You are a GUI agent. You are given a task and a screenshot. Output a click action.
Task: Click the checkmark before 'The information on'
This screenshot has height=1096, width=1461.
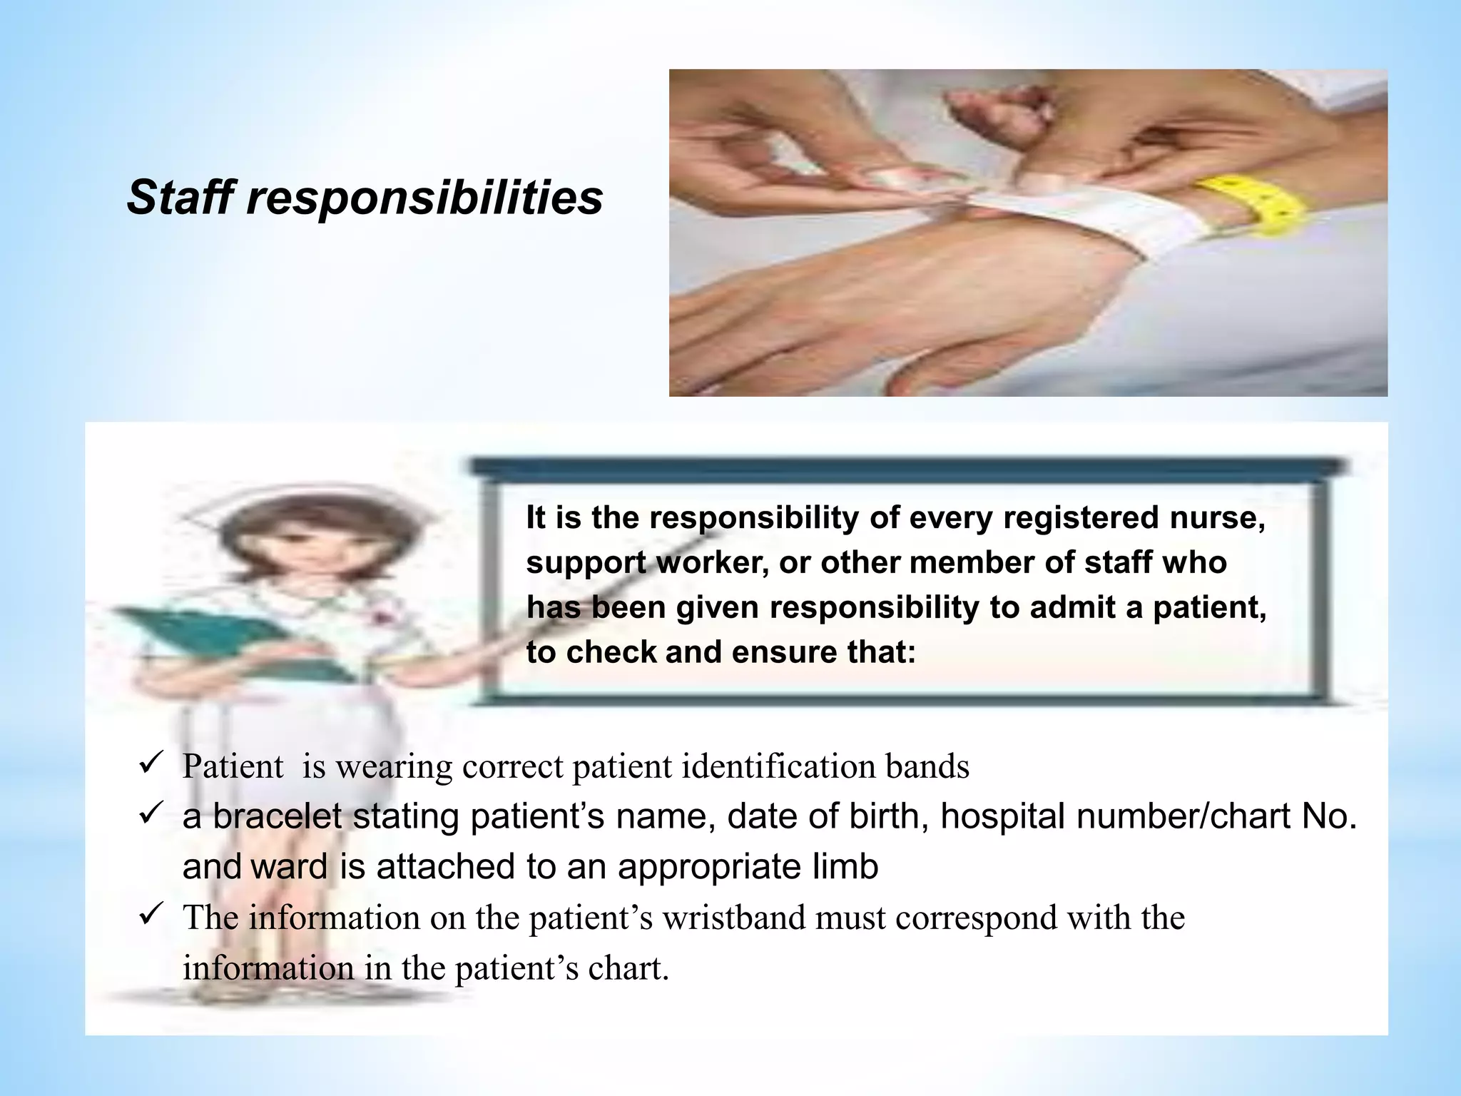tap(151, 914)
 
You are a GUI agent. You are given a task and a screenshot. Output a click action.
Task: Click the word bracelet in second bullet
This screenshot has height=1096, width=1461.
tap(278, 816)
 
